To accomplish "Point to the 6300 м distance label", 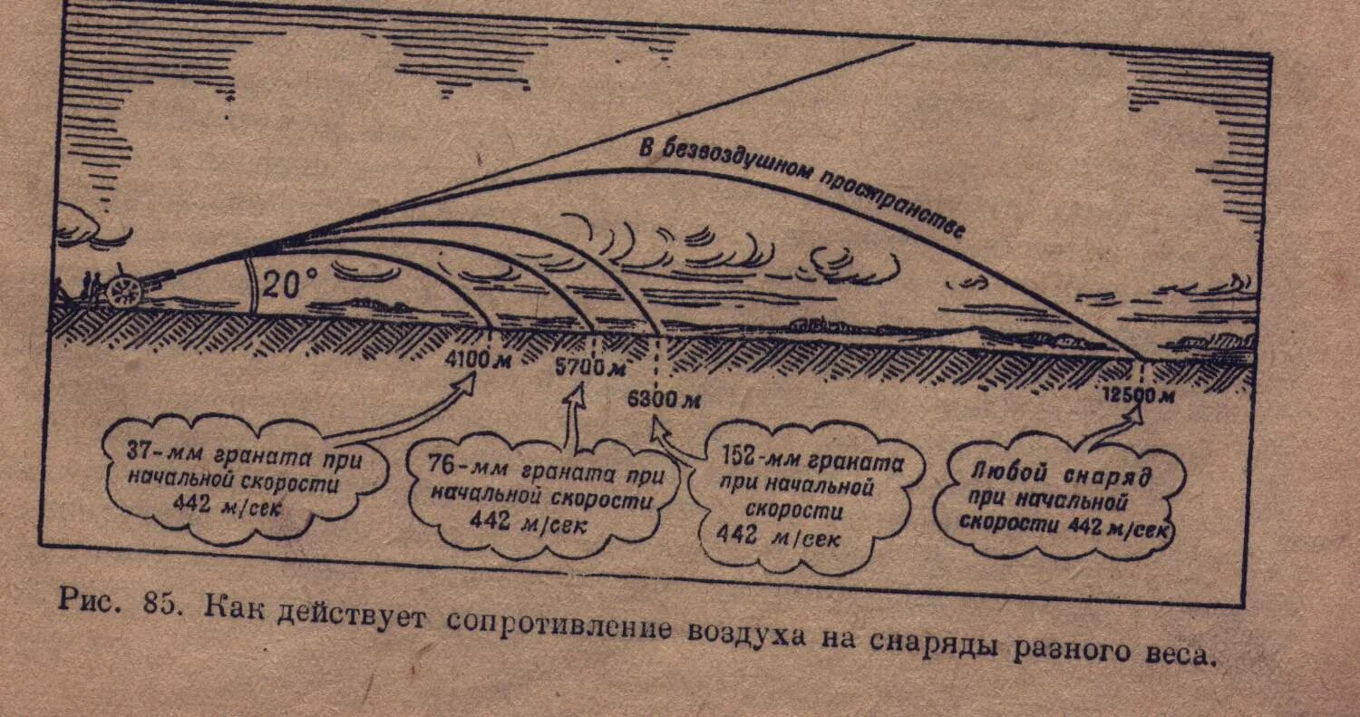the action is coord(664,399).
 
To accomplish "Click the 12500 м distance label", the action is coord(1139,394).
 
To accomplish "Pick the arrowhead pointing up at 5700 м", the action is coord(576,395).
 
